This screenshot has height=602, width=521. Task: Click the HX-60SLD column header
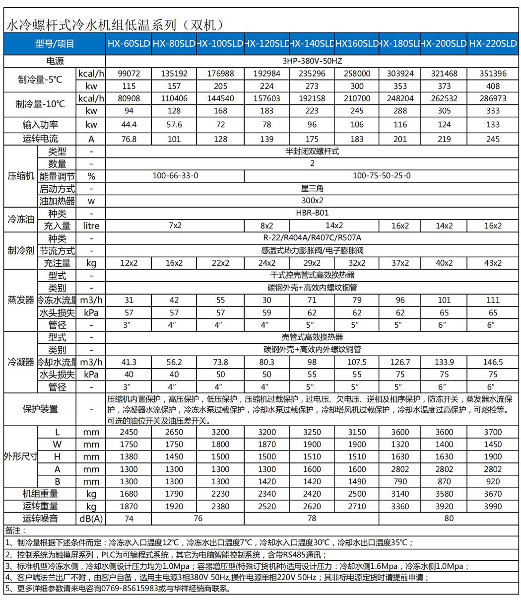pyautogui.click(x=129, y=44)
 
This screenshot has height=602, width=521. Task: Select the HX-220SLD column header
pyautogui.click(x=493, y=44)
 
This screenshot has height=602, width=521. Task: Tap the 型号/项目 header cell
pyautogui.click(x=55, y=44)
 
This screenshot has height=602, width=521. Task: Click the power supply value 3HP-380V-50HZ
pyautogui.click(x=312, y=61)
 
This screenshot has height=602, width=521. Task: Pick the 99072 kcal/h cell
pyautogui.click(x=129, y=74)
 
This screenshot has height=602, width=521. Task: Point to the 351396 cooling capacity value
pyautogui.click(x=493, y=74)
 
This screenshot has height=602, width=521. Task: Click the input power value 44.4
pyautogui.click(x=129, y=124)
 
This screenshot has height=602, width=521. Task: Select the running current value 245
pyautogui.click(x=493, y=139)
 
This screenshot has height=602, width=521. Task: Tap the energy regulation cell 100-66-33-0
pyautogui.click(x=174, y=176)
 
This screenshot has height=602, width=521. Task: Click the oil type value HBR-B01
pyautogui.click(x=312, y=213)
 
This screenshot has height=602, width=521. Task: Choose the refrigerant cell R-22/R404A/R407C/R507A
pyautogui.click(x=312, y=238)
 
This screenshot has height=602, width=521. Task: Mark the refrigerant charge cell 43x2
pyautogui.click(x=493, y=263)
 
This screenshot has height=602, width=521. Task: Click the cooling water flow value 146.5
pyautogui.click(x=493, y=362)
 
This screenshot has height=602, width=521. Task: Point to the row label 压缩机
pyautogui.click(x=20, y=176)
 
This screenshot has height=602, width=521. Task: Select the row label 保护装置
pyautogui.click(x=40, y=409)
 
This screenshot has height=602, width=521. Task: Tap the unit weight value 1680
pyautogui.click(x=129, y=493)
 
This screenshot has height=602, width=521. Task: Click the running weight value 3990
pyautogui.click(x=493, y=506)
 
